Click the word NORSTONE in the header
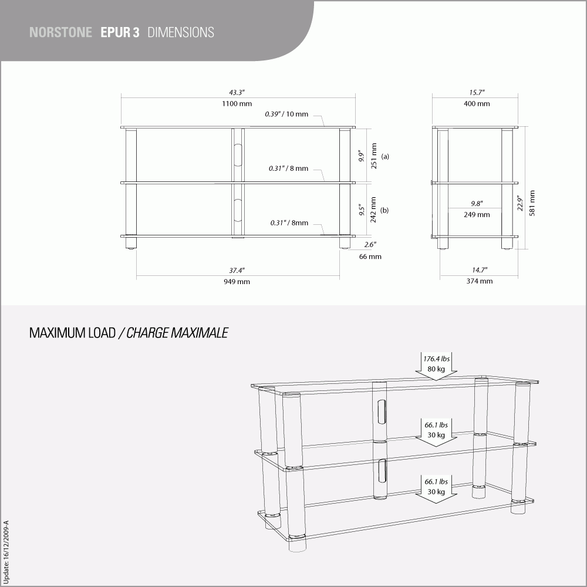tap(60, 32)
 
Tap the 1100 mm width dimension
tap(237, 104)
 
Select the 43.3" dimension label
tap(237, 93)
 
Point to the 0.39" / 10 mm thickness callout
tap(286, 114)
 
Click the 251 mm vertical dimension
tap(374, 156)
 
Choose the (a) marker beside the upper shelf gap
tap(385, 157)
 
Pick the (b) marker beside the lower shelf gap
tap(385, 210)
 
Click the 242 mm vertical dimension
tap(374, 210)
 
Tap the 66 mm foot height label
tap(370, 257)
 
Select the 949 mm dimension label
tap(237, 282)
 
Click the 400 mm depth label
tap(476, 104)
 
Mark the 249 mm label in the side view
tap(476, 215)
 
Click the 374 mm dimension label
tap(480, 281)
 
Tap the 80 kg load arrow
tap(436, 369)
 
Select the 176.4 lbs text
tap(436, 358)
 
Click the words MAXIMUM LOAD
tap(72, 333)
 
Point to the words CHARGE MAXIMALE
tap(177, 333)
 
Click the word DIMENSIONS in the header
tap(181, 32)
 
